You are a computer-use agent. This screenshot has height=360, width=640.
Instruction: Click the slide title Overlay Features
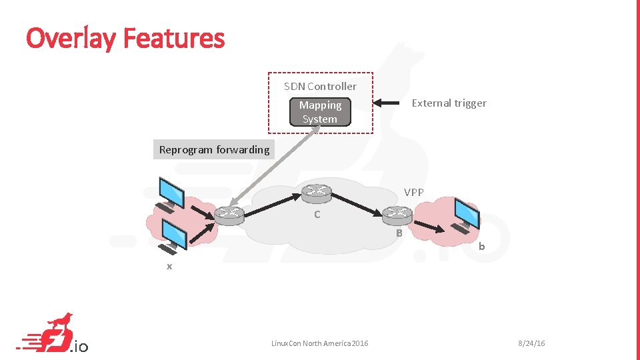125,38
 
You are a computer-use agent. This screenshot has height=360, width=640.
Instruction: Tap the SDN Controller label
320,86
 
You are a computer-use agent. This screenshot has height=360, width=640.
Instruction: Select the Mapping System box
320,112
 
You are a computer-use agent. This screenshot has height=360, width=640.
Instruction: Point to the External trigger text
449,103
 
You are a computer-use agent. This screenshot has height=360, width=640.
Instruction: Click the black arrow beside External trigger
388,103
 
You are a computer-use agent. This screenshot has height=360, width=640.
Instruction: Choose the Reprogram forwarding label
214,149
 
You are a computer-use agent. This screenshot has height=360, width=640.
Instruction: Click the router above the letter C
316,193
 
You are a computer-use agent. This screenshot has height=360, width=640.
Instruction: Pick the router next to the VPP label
397,213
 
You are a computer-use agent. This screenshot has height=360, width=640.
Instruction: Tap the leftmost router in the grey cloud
229,214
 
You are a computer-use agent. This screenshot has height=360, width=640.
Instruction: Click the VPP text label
413,192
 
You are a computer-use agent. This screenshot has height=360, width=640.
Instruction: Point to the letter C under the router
317,215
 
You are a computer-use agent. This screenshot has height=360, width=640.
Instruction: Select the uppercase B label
399,233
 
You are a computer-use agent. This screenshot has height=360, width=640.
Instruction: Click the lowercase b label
481,247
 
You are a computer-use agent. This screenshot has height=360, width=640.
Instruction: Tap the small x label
169,266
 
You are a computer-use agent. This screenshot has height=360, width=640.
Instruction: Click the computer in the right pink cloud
465,213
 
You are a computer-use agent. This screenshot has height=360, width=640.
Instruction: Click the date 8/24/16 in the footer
531,343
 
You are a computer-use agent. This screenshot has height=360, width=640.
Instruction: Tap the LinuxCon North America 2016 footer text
319,343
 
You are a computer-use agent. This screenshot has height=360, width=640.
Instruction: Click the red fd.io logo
55,334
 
